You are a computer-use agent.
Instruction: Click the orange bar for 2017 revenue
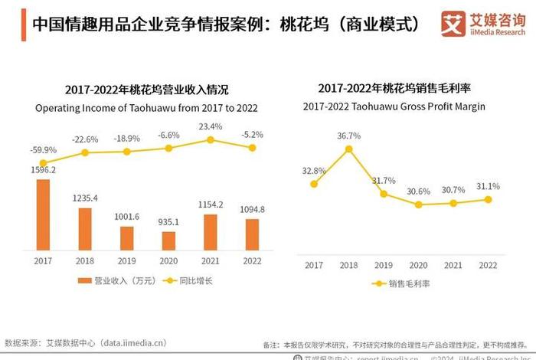(x=43, y=214)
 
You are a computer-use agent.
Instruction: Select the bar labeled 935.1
(x=168, y=241)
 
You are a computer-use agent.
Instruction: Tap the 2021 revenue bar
(x=210, y=232)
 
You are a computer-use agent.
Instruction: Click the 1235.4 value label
(x=85, y=198)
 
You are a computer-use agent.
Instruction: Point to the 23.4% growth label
(x=210, y=126)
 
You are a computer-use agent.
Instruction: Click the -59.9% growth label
(x=43, y=149)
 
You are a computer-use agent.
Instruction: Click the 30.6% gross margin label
(x=419, y=191)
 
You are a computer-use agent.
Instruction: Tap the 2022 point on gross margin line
(x=488, y=199)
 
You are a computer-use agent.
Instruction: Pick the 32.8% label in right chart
(x=314, y=171)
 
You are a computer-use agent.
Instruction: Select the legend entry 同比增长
(x=189, y=281)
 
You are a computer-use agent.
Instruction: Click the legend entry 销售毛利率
(x=406, y=283)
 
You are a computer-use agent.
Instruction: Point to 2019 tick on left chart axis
(x=126, y=261)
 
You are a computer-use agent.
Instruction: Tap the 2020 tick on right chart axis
(x=418, y=265)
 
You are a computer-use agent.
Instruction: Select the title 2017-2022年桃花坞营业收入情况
(x=147, y=90)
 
